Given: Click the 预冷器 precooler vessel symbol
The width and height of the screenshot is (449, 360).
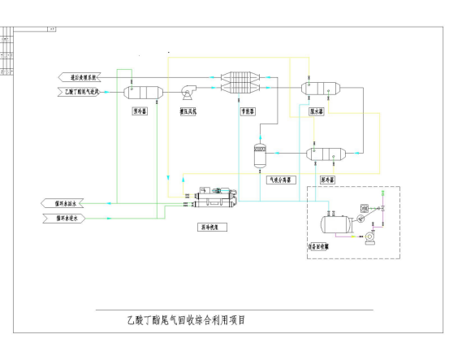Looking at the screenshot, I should [140, 91].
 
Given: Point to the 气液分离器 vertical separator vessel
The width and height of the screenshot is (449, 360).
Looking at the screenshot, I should [260, 152].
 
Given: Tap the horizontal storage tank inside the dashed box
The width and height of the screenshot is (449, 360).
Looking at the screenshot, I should [336, 223].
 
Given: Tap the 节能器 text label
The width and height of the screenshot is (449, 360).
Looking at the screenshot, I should [246, 111].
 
